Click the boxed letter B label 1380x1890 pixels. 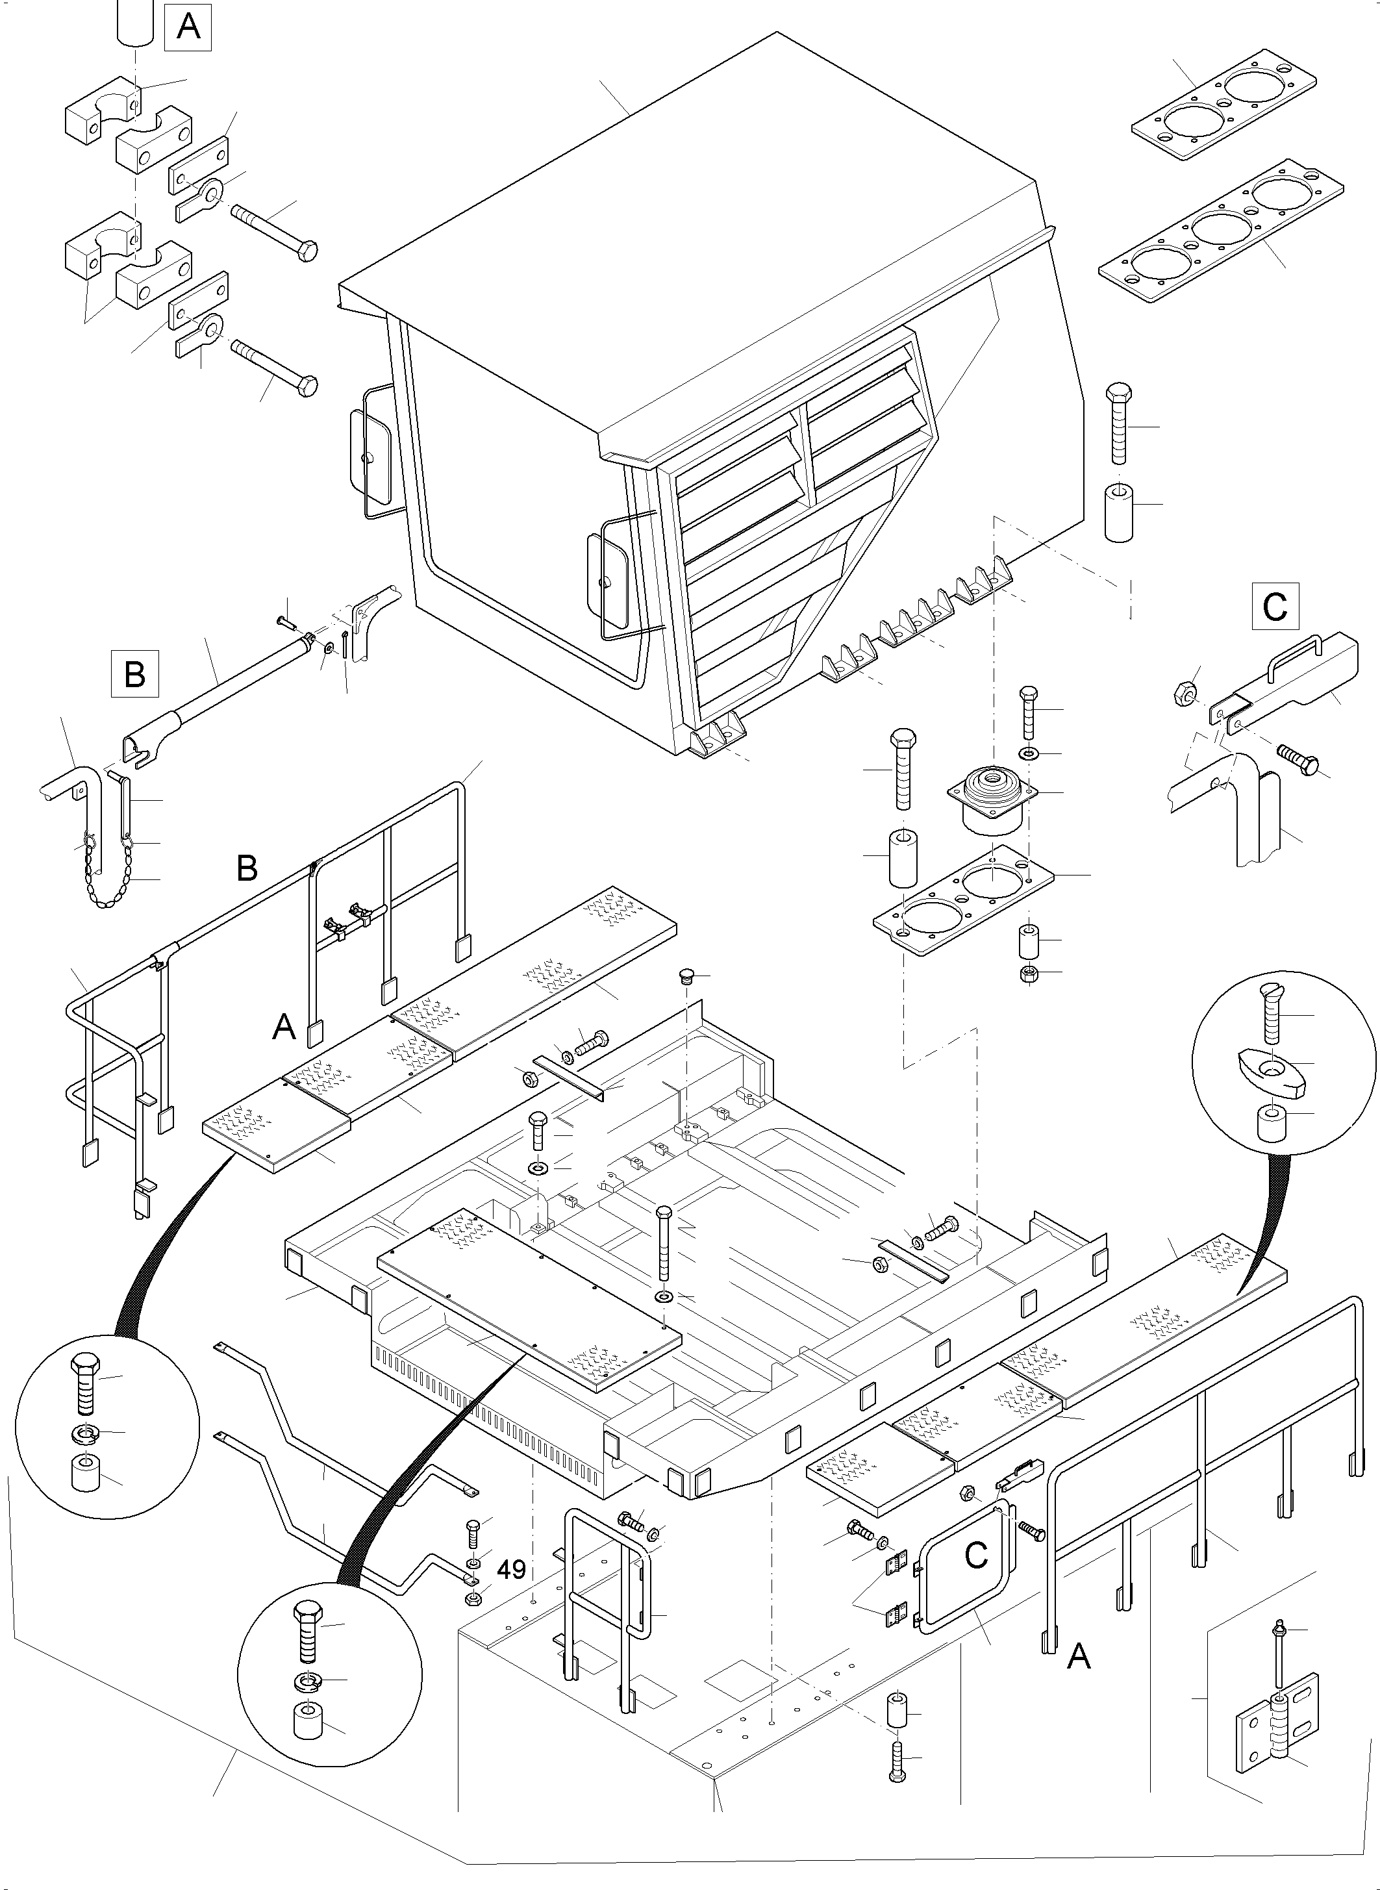(x=134, y=674)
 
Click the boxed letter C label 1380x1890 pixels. (x=1275, y=607)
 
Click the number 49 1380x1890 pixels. (x=511, y=1570)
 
